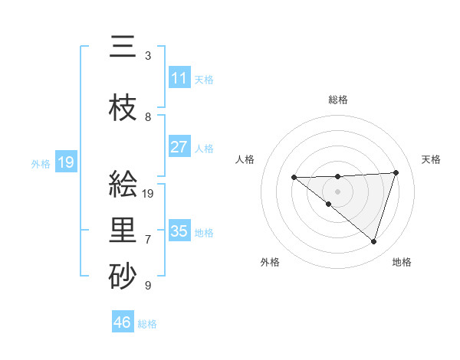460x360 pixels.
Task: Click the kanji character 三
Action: (123, 49)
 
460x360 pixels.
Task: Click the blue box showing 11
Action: (179, 78)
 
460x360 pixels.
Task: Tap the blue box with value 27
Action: (179, 147)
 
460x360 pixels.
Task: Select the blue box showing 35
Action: (179, 231)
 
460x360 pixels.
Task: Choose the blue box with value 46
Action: (123, 322)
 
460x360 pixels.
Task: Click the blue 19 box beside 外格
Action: (66, 162)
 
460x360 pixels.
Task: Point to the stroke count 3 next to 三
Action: (148, 56)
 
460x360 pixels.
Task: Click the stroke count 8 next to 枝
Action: (148, 117)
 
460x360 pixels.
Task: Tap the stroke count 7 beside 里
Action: (148, 240)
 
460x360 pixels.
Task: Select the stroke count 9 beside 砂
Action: (148, 286)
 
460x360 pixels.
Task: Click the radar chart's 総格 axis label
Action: (338, 100)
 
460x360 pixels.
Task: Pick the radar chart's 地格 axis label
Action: (402, 262)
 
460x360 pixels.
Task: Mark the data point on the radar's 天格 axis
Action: (396, 172)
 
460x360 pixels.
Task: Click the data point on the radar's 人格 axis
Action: (294, 178)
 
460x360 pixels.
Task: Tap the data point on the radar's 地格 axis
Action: (373, 241)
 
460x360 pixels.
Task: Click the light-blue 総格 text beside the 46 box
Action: (147, 324)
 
